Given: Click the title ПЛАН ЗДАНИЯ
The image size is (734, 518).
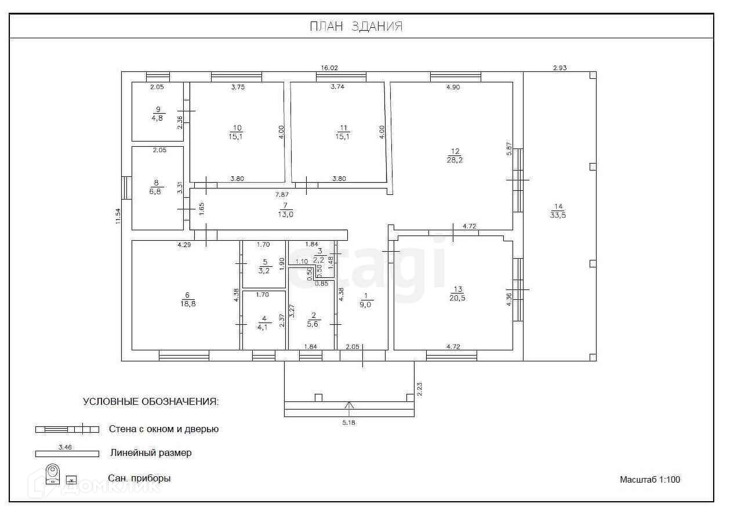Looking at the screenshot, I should (x=355, y=27).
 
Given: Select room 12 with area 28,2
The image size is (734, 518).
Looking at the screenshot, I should (x=455, y=155).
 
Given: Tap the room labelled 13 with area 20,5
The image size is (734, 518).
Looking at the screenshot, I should (x=457, y=294).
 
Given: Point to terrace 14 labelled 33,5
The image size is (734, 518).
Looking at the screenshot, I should (x=558, y=211).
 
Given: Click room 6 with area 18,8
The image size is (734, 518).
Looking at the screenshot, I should (x=187, y=299).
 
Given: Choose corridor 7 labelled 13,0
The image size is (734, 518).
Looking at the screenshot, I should (x=285, y=209).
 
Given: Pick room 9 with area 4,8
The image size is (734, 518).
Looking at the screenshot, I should (x=157, y=113).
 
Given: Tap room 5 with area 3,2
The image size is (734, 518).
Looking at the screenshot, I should (x=264, y=266).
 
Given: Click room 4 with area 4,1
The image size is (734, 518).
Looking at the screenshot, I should (x=264, y=322).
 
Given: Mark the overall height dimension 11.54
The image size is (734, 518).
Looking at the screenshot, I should (x=118, y=216).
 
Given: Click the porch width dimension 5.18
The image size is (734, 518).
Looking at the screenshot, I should (x=348, y=422).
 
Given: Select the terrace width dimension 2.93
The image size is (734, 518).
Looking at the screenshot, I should (x=559, y=68).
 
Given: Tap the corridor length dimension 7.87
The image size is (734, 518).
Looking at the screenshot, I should (x=282, y=194).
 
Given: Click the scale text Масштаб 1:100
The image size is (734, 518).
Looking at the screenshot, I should (x=649, y=480).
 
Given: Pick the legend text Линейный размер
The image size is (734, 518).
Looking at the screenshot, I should (x=151, y=452).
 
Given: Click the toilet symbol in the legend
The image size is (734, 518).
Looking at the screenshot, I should (x=53, y=474).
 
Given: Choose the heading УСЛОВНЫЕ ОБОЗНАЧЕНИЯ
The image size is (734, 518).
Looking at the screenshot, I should (x=151, y=401).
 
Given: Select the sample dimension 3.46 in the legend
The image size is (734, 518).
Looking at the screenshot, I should (x=65, y=447).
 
